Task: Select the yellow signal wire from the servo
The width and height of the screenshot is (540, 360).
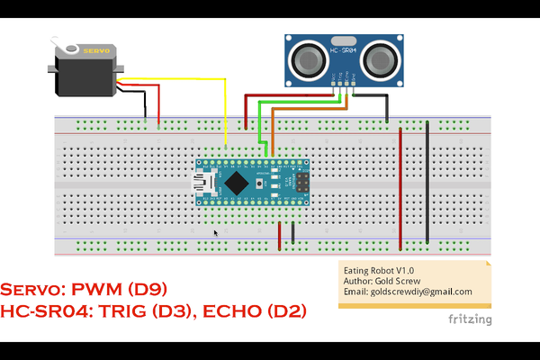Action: pyautogui.click(x=224, y=108)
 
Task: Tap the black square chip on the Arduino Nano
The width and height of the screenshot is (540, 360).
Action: pyautogui.click(x=236, y=183)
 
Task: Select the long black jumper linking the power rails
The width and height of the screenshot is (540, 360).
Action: pyautogui.click(x=427, y=180)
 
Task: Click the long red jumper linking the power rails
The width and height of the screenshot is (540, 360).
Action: pyautogui.click(x=400, y=184)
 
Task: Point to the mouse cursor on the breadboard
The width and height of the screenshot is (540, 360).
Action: pyautogui.click(x=215, y=233)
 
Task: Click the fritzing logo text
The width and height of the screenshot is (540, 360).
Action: pyautogui.click(x=470, y=319)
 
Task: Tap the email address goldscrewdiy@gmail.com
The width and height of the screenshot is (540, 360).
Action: pyautogui.click(x=408, y=292)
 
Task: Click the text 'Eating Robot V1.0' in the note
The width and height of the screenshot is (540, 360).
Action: pyautogui.click(x=379, y=269)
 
